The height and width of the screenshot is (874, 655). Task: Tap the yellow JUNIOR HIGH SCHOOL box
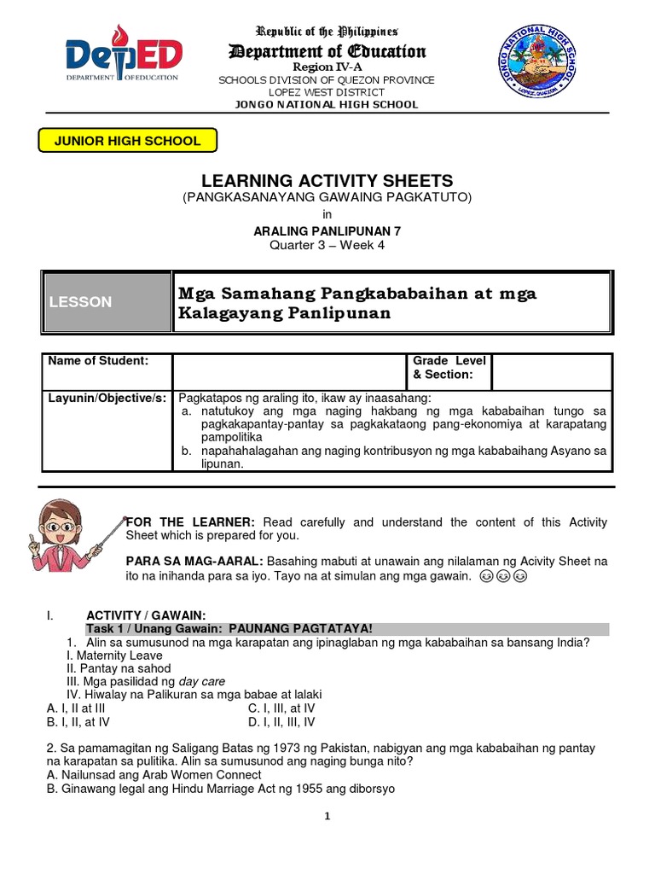pyautogui.click(x=128, y=141)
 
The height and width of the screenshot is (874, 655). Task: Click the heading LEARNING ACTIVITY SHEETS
pyautogui.click(x=327, y=181)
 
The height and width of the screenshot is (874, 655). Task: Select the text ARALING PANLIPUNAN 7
pyautogui.click(x=327, y=230)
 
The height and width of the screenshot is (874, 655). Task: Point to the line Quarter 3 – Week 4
pyautogui.click(x=327, y=246)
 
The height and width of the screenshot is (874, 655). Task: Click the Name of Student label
pyautogui.click(x=98, y=361)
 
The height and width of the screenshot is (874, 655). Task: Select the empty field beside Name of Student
pyautogui.click(x=290, y=372)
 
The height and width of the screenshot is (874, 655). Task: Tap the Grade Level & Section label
pyautogui.click(x=449, y=368)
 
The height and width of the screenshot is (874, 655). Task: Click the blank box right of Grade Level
pyautogui.click(x=551, y=372)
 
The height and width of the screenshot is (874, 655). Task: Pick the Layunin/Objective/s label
pyautogui.click(x=106, y=399)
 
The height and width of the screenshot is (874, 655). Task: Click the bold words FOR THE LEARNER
pyautogui.click(x=190, y=522)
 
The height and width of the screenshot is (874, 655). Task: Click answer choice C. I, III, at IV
pyautogui.click(x=281, y=708)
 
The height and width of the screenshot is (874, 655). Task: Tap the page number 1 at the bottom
pyautogui.click(x=327, y=816)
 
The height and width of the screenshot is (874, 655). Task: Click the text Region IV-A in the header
pyautogui.click(x=327, y=67)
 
